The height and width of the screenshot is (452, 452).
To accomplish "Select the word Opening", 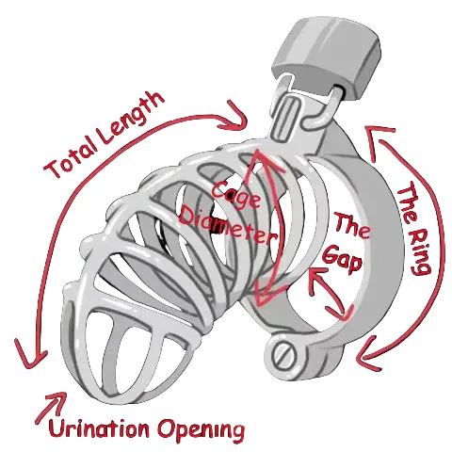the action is coord(201,430).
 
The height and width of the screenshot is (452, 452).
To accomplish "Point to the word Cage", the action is coord(236,194).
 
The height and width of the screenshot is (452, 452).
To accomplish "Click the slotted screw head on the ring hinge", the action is coord(284,356).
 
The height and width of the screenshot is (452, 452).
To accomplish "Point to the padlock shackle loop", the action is coord(327,105).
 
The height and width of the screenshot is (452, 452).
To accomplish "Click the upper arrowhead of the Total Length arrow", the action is coord(234,118).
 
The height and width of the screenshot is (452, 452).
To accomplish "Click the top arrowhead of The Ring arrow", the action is coord(379,139).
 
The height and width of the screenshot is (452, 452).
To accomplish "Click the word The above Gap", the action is coord(351,227).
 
